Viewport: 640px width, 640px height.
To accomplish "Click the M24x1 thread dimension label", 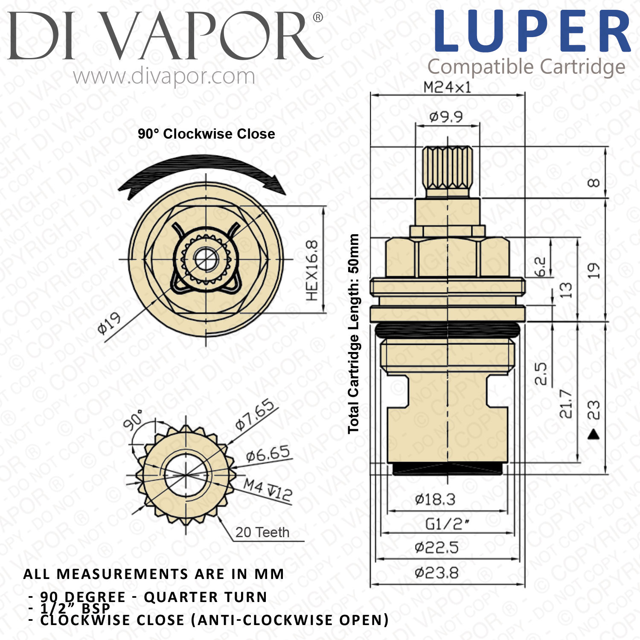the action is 447,87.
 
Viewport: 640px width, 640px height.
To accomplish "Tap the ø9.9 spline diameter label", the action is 446,116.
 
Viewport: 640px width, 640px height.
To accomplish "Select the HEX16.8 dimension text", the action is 312,270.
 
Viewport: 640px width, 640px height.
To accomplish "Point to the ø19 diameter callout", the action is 109,323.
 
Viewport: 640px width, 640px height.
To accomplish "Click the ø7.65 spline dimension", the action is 255,415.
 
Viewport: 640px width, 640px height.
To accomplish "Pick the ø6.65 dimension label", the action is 268,454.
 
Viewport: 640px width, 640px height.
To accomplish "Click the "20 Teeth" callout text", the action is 262,532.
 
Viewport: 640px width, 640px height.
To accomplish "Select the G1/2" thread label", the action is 447,524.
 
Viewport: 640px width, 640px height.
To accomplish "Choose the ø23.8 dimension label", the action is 436,573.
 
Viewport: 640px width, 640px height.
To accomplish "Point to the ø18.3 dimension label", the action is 435,499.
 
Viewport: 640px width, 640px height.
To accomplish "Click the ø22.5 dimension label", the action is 436,547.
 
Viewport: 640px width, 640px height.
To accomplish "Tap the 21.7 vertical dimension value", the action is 566,404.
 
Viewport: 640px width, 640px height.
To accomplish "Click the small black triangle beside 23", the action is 594,435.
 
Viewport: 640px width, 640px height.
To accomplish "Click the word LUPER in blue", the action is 532,32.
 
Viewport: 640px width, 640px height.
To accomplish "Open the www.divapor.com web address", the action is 164,77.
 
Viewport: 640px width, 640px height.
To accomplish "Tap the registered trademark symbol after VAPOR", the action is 318,17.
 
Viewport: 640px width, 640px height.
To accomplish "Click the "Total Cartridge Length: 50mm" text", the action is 354,334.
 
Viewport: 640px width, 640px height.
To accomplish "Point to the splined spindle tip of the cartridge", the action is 448,168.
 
